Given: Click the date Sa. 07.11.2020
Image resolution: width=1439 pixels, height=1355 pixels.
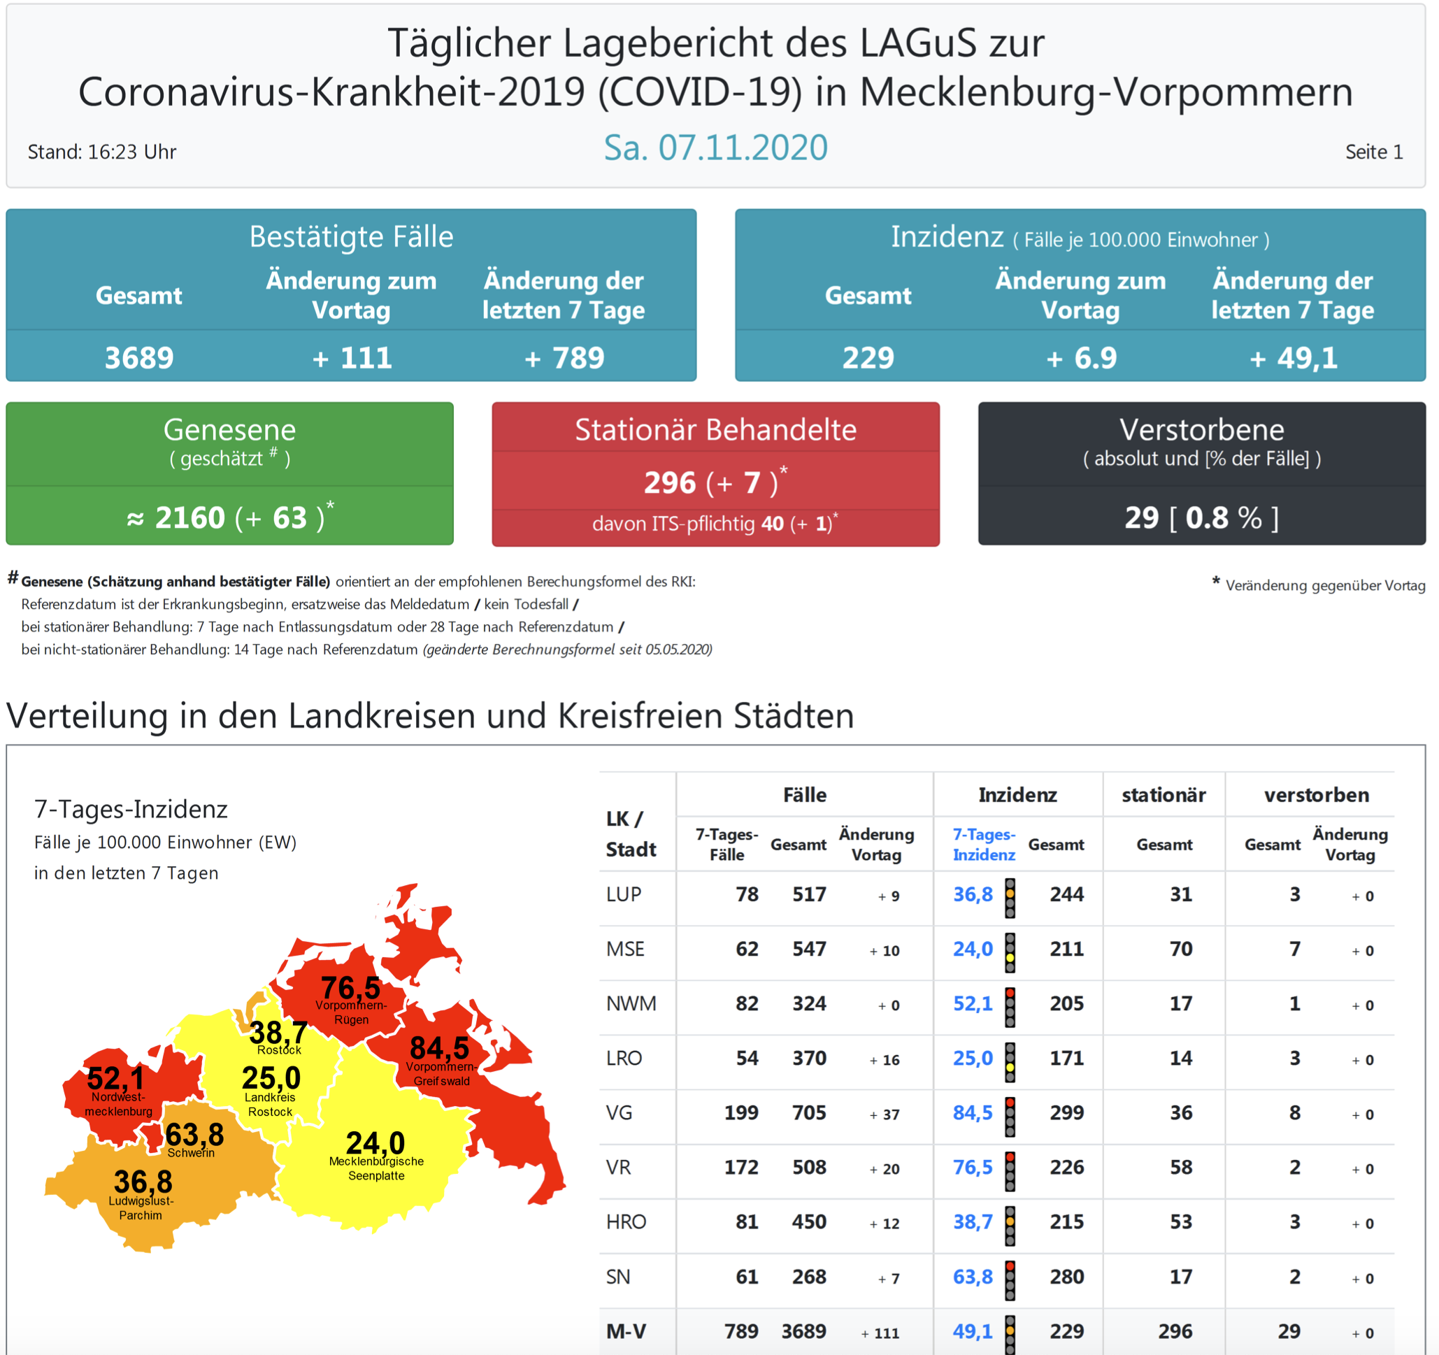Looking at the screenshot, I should (715, 148).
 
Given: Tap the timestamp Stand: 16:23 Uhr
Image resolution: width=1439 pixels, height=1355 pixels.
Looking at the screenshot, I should (102, 152).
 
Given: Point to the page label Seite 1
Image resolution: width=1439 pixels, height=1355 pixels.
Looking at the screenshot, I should (1373, 152).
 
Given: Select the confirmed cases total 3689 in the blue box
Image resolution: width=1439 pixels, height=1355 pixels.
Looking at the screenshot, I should (139, 357).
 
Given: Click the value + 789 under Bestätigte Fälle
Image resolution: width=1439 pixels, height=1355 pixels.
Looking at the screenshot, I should (564, 357).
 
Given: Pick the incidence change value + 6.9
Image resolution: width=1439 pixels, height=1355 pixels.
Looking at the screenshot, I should (1081, 357).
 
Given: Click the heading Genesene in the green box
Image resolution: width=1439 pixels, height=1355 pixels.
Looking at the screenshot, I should (229, 430).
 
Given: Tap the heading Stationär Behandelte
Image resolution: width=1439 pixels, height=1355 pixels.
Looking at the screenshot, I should (715, 430).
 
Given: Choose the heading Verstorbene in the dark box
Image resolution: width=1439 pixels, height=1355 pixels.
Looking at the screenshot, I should (1201, 430).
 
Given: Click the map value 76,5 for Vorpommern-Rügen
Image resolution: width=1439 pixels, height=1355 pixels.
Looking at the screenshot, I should (350, 988).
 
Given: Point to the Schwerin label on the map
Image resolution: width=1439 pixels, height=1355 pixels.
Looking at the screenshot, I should (191, 1153).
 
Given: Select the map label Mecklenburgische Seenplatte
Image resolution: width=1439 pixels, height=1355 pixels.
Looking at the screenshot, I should (376, 1168).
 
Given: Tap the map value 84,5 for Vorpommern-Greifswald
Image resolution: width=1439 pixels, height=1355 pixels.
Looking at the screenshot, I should (439, 1048).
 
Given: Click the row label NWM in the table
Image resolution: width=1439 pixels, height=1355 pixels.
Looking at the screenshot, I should (631, 1004).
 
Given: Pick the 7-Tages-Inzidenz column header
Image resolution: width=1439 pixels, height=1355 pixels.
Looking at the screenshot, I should (984, 845).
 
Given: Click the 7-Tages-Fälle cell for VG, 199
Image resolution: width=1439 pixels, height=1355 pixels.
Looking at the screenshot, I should (741, 1113).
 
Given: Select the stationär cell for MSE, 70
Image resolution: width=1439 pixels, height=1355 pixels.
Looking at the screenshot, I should (1180, 949).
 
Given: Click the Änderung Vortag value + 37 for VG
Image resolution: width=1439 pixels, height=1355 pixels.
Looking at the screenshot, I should (885, 1114).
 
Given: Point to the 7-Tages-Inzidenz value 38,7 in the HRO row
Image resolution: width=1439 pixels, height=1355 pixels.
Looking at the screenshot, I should (973, 1223).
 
